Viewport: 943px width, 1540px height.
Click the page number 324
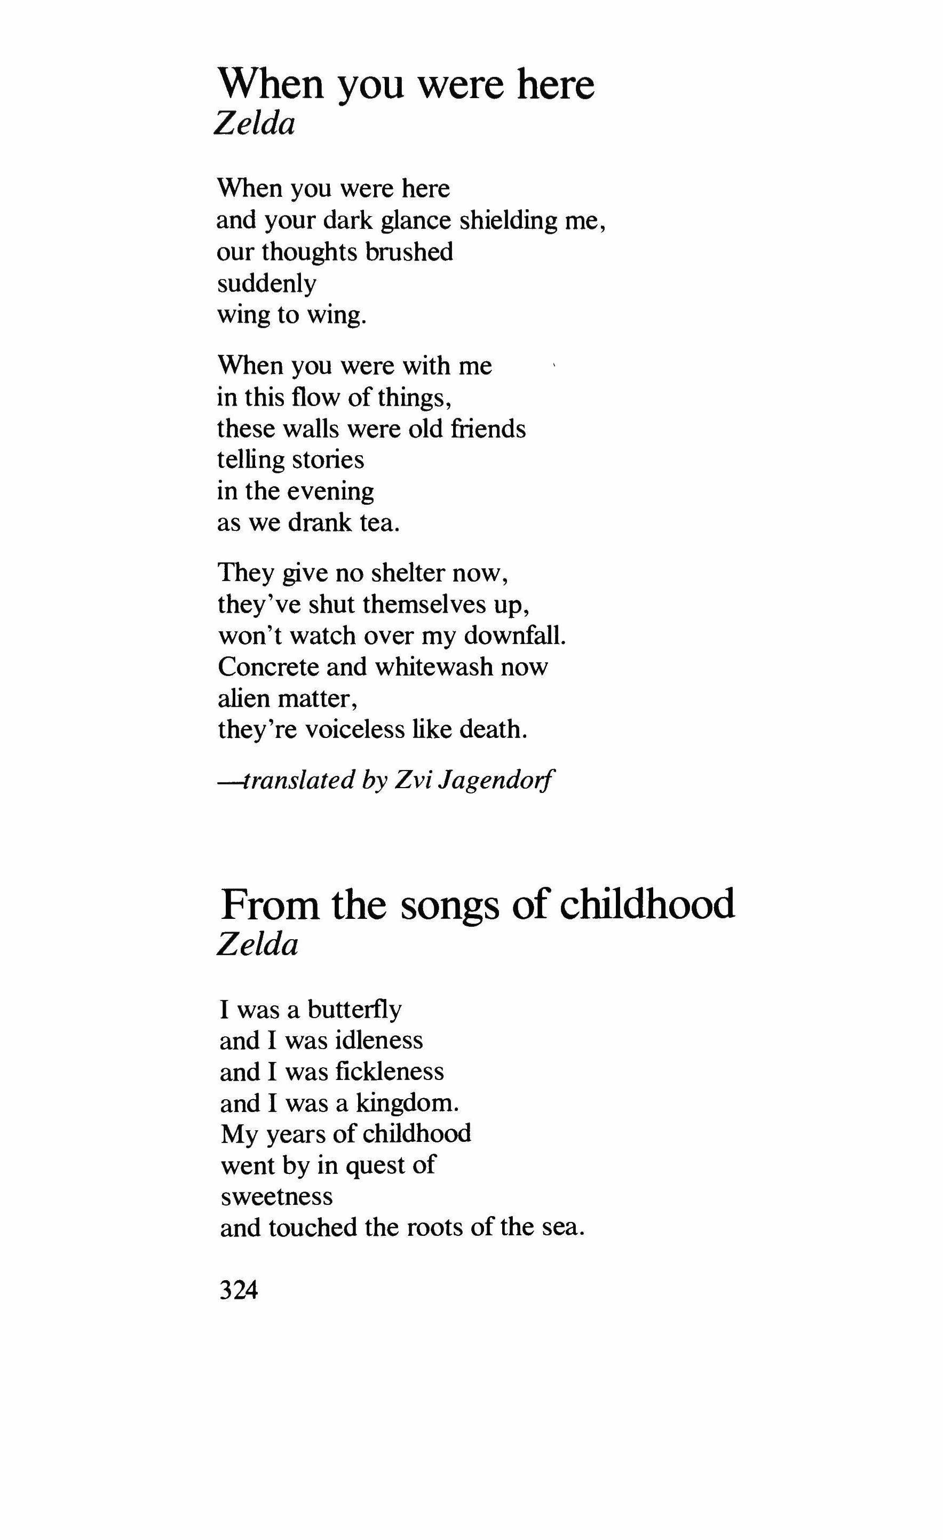click(x=239, y=1289)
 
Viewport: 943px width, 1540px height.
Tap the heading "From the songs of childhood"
click(x=478, y=904)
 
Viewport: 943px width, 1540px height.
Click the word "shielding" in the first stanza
click(x=509, y=220)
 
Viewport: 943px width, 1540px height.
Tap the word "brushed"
click(x=409, y=252)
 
